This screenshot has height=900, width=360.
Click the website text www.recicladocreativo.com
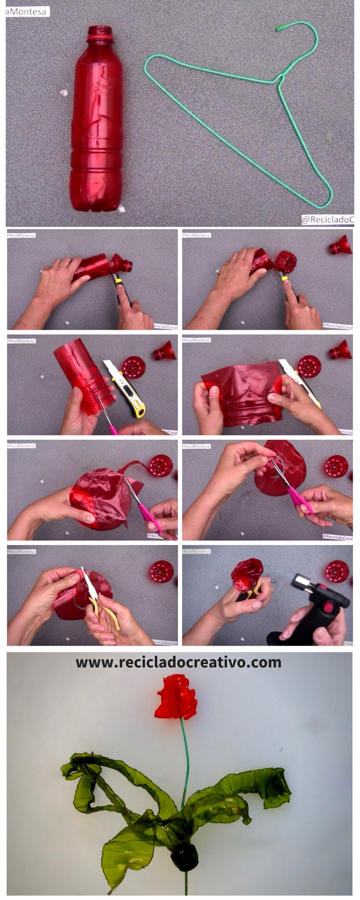(x=178, y=662)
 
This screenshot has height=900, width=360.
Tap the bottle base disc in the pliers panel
(x=162, y=571)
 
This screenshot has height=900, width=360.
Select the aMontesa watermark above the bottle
(x=27, y=12)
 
